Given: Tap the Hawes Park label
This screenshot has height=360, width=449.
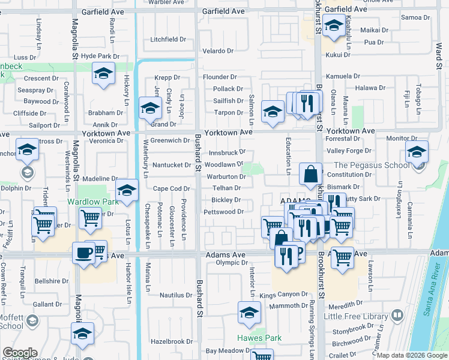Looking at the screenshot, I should coord(259,338).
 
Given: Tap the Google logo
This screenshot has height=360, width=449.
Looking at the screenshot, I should coord(20,353).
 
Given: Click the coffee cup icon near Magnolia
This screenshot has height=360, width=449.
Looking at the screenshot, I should coord(83,253).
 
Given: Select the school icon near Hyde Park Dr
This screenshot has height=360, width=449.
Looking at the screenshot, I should coord(103,74).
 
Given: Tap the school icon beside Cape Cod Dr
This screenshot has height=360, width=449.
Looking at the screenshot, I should coord(127,191).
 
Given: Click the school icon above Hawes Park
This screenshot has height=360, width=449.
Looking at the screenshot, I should coord(249,313).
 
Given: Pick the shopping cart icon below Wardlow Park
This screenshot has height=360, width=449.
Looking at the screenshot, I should coord(90,220).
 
